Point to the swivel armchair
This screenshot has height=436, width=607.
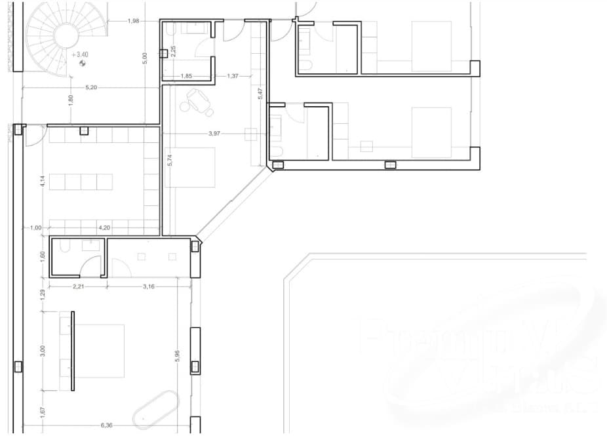197,100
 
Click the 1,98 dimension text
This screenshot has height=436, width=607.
133,21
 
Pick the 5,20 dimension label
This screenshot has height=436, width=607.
92,87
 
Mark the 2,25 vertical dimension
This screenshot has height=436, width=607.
172,50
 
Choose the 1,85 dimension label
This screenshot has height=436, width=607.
186,76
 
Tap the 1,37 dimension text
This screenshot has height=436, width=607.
232,76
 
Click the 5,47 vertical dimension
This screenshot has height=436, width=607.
260,94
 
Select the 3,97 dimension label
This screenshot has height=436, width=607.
214,134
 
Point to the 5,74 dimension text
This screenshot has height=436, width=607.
169,160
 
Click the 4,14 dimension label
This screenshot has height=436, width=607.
42,180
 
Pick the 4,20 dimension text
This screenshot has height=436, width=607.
104,228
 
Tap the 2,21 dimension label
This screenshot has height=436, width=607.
78,287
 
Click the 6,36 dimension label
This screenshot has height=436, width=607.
106,425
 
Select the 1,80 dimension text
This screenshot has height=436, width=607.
71,100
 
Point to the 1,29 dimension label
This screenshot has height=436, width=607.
42,294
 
